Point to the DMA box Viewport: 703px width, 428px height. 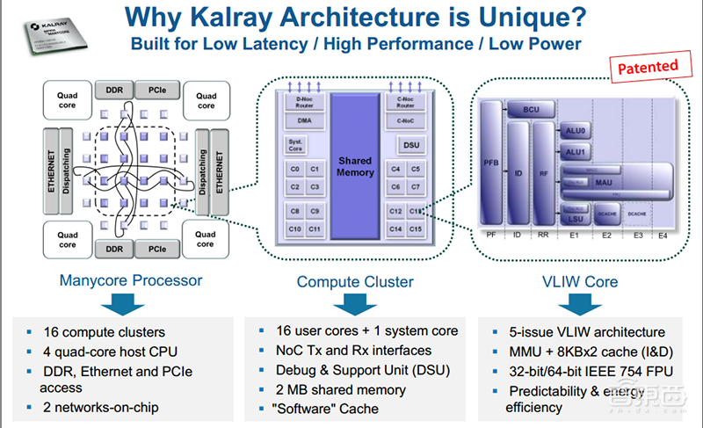click(303, 120)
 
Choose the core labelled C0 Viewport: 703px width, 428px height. click(294, 169)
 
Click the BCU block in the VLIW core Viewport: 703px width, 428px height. click(531, 110)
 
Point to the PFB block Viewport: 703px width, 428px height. click(491, 163)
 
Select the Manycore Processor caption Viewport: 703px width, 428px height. click(129, 281)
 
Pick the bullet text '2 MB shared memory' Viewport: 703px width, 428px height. click(340, 389)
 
